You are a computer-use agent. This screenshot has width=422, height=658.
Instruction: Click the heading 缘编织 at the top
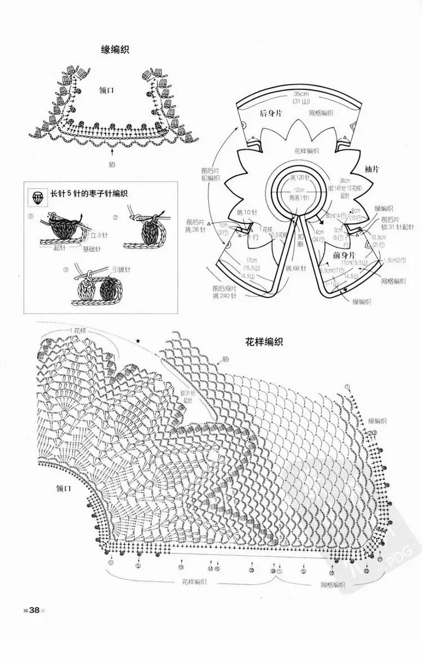point(115,50)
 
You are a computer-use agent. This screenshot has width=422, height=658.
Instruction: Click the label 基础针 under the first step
point(92,249)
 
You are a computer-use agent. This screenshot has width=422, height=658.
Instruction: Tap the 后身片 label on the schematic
point(271,113)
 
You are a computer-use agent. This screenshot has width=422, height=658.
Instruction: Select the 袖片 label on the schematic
point(371,168)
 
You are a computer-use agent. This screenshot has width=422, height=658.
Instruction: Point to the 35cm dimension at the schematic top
point(302,93)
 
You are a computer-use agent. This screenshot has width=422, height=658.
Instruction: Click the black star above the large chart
point(138,341)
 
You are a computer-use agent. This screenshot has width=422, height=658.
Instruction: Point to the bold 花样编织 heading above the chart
point(263,341)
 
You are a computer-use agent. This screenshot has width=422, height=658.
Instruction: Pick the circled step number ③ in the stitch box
point(66,270)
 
